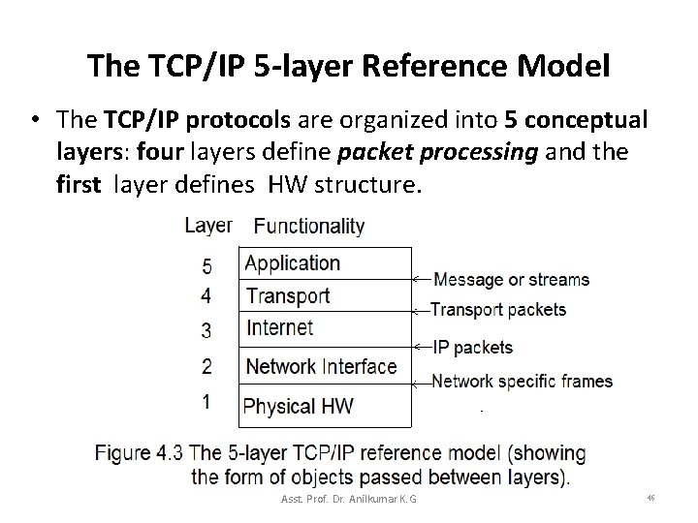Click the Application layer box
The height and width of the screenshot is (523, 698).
[325, 263]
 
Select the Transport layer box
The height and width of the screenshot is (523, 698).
[325, 295]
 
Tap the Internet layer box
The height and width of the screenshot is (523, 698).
[325, 328]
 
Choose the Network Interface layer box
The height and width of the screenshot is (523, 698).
[325, 366]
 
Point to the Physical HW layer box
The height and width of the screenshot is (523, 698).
[325, 406]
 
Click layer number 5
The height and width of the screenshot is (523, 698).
[206, 264]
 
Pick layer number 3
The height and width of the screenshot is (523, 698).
[206, 330]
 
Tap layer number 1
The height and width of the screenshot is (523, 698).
[206, 401]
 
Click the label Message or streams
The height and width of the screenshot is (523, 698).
[511, 280]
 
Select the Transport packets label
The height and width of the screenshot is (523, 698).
[498, 310]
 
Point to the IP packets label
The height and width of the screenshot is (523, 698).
[473, 347]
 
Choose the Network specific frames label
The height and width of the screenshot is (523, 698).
[522, 381]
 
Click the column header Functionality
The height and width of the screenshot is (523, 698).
[308, 227]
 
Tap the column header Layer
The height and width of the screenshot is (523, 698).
[207, 225]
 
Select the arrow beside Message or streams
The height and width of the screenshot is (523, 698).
[421, 279]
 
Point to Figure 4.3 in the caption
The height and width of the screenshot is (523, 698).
[142, 453]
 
